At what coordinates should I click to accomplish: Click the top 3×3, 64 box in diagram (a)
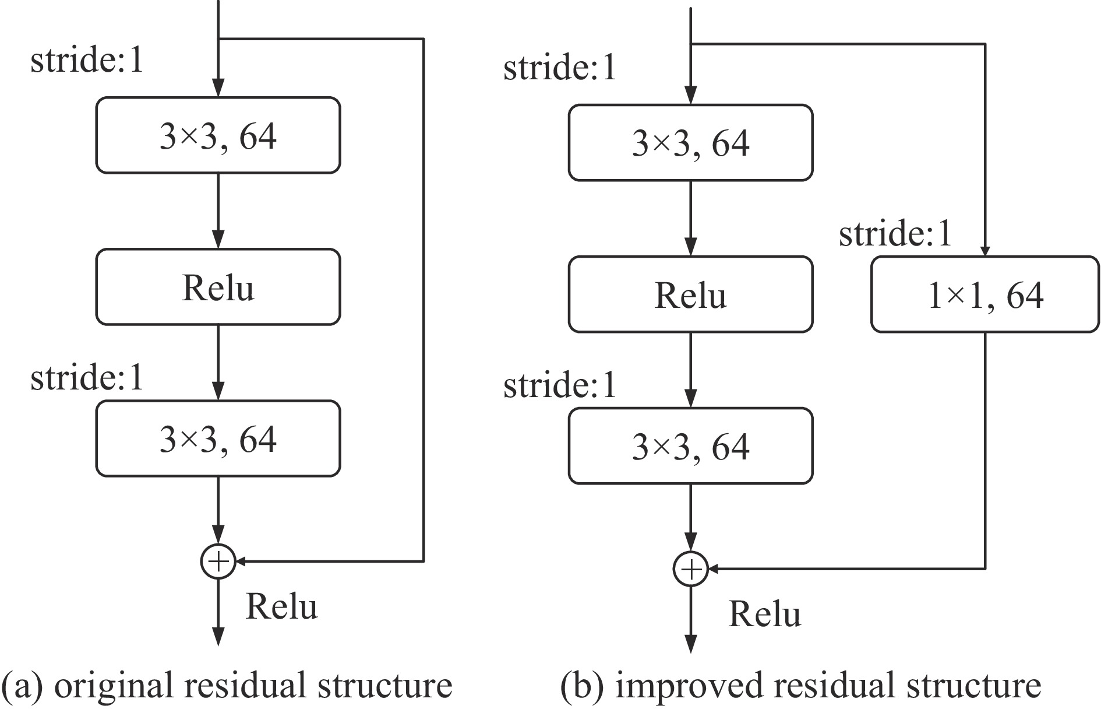[x=218, y=135]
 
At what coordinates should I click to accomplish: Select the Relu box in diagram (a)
[x=218, y=287]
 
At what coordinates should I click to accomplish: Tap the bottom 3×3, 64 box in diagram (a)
[x=218, y=438]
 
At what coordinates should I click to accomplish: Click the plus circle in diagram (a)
[x=218, y=561]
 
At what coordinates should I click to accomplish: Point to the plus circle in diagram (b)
[x=690, y=568]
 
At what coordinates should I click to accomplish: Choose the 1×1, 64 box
[x=984, y=294]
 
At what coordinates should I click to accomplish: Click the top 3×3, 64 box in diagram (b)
[x=690, y=143]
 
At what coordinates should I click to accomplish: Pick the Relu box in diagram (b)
[x=690, y=294]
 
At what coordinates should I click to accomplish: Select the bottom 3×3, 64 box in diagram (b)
[x=690, y=446]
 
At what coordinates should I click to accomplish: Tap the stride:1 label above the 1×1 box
[x=895, y=234]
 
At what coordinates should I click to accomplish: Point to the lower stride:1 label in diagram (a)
[x=87, y=377]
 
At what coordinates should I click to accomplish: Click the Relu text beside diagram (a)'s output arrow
[x=282, y=606]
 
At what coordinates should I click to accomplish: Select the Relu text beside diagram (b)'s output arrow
[x=765, y=614]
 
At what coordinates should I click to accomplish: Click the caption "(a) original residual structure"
[x=227, y=685]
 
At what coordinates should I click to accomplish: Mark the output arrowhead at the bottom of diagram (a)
[x=218, y=637]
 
